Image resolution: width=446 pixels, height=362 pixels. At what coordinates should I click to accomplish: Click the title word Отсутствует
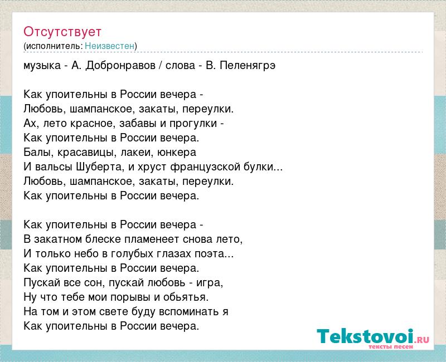pos(62,32)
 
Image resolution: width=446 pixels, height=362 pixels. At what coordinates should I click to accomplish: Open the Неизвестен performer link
pos(109,46)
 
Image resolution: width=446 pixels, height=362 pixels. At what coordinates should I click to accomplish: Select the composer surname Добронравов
pos(120,66)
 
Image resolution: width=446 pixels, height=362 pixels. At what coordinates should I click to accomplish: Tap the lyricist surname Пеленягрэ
pos(248,66)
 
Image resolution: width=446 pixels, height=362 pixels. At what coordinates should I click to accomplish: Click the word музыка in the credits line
pos(42,66)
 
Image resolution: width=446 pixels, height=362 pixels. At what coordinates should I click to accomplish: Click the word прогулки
pos(193,124)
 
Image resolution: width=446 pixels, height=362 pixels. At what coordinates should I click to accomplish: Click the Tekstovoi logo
pos(373,336)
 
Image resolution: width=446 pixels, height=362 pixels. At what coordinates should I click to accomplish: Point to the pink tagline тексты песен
pos(391,346)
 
